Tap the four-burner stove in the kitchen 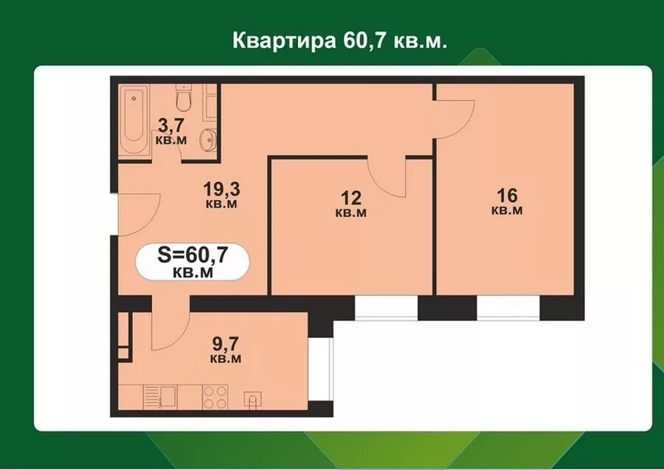[x=216, y=397]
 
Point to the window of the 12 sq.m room [x=386, y=307]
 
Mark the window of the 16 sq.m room [x=508, y=308]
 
